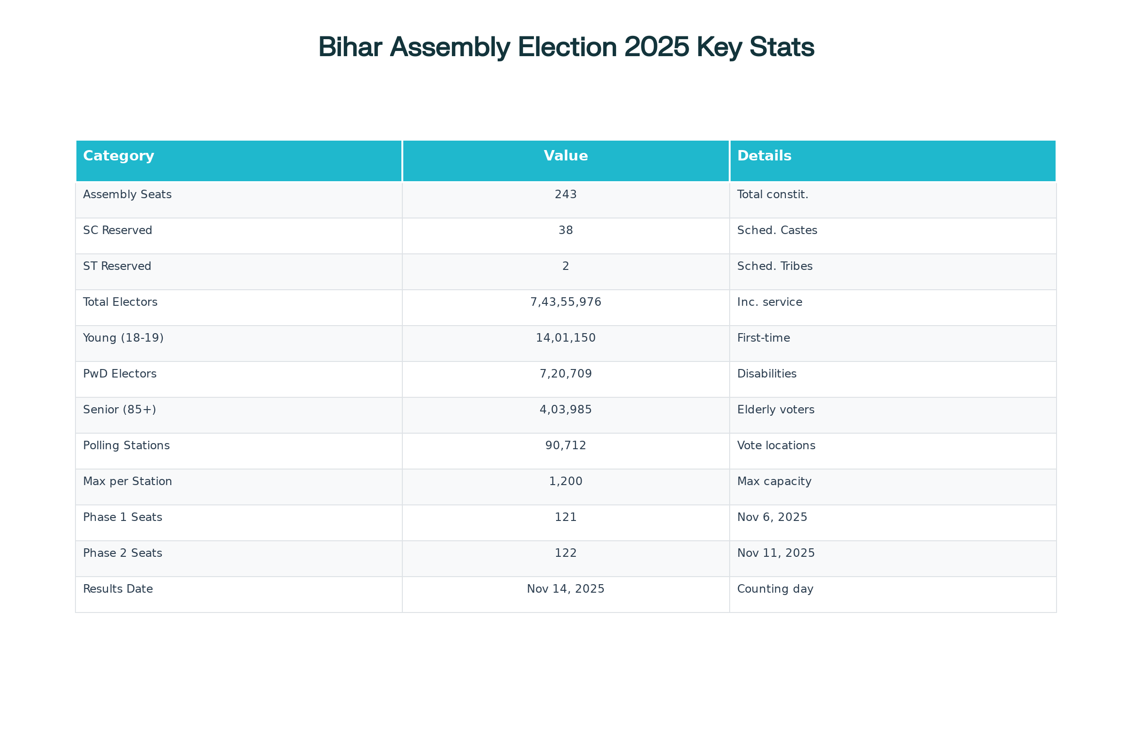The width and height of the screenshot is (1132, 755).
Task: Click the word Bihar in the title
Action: point(350,47)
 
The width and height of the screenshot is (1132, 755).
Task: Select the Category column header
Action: point(118,156)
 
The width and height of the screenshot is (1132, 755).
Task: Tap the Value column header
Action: point(566,156)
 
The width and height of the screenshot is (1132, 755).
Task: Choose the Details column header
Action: point(764,156)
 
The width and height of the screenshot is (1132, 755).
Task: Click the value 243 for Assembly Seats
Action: point(566,194)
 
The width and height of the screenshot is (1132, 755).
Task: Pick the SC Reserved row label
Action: point(117,230)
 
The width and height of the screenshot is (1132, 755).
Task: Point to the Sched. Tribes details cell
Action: point(774,266)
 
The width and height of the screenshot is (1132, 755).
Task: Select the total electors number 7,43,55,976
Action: point(566,302)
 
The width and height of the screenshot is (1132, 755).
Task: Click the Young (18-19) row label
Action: point(123,338)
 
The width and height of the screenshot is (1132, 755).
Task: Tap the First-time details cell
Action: point(763,338)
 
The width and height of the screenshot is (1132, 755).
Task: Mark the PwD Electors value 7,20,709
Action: point(566,374)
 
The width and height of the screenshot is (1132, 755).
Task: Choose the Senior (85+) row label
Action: point(119,410)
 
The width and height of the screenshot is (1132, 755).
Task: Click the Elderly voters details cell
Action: point(775,410)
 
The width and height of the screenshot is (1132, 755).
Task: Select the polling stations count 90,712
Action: point(566,445)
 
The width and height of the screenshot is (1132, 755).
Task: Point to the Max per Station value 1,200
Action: point(566,481)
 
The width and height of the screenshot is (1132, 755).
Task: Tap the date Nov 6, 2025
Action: point(772,517)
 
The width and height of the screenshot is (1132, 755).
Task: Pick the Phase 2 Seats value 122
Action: point(566,553)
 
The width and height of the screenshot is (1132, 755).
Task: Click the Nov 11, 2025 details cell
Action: point(776,553)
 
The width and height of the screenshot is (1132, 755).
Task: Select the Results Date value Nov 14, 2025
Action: point(566,589)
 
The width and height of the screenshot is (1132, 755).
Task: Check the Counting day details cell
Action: point(775,589)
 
